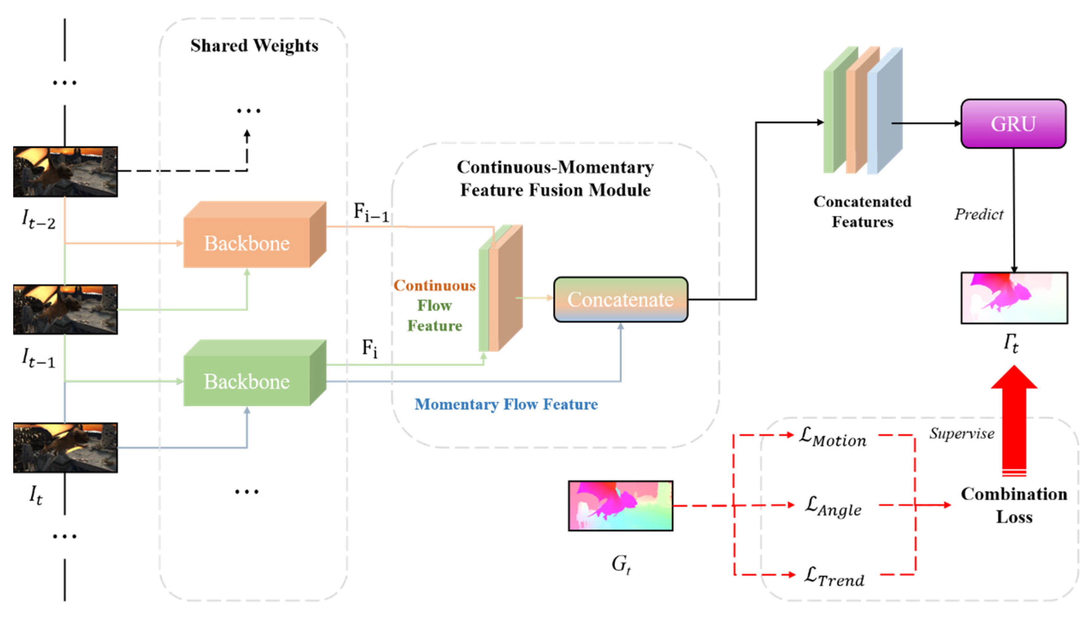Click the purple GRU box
click(1013, 124)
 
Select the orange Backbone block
click(247, 242)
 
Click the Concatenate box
click(620, 299)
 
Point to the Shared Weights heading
click(254, 45)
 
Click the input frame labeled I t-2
click(65, 172)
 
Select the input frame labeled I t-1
click(65, 310)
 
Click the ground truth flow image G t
click(620, 506)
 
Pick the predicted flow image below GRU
click(1014, 298)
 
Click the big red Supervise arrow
click(1014, 421)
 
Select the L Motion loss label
click(832, 438)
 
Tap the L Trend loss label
click(834, 577)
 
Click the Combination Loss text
click(1014, 505)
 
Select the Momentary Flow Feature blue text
click(506, 404)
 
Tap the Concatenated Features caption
click(862, 211)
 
